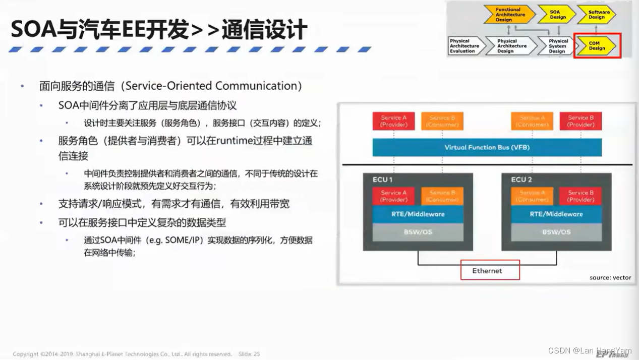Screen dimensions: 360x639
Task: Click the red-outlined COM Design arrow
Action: coord(596,46)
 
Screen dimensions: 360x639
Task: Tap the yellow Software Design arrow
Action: coord(598,15)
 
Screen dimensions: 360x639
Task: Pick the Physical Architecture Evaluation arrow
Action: coord(464,46)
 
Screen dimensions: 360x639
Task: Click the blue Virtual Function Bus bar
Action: coord(487,147)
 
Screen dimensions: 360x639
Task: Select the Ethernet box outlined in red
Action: coord(490,270)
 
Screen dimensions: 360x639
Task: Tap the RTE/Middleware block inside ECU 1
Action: coord(418,214)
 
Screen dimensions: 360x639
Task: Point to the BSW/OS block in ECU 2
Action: coord(556,232)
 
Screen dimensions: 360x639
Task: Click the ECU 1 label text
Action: coord(382,179)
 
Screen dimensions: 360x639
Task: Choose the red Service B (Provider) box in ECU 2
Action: coord(580,196)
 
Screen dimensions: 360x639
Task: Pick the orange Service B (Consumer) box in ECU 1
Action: coord(442,196)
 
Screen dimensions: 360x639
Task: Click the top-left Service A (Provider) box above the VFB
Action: coord(393,121)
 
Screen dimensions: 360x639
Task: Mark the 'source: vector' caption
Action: coord(610,277)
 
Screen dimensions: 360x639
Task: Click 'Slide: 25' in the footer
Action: coord(249,354)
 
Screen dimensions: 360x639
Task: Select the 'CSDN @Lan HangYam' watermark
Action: coord(589,350)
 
